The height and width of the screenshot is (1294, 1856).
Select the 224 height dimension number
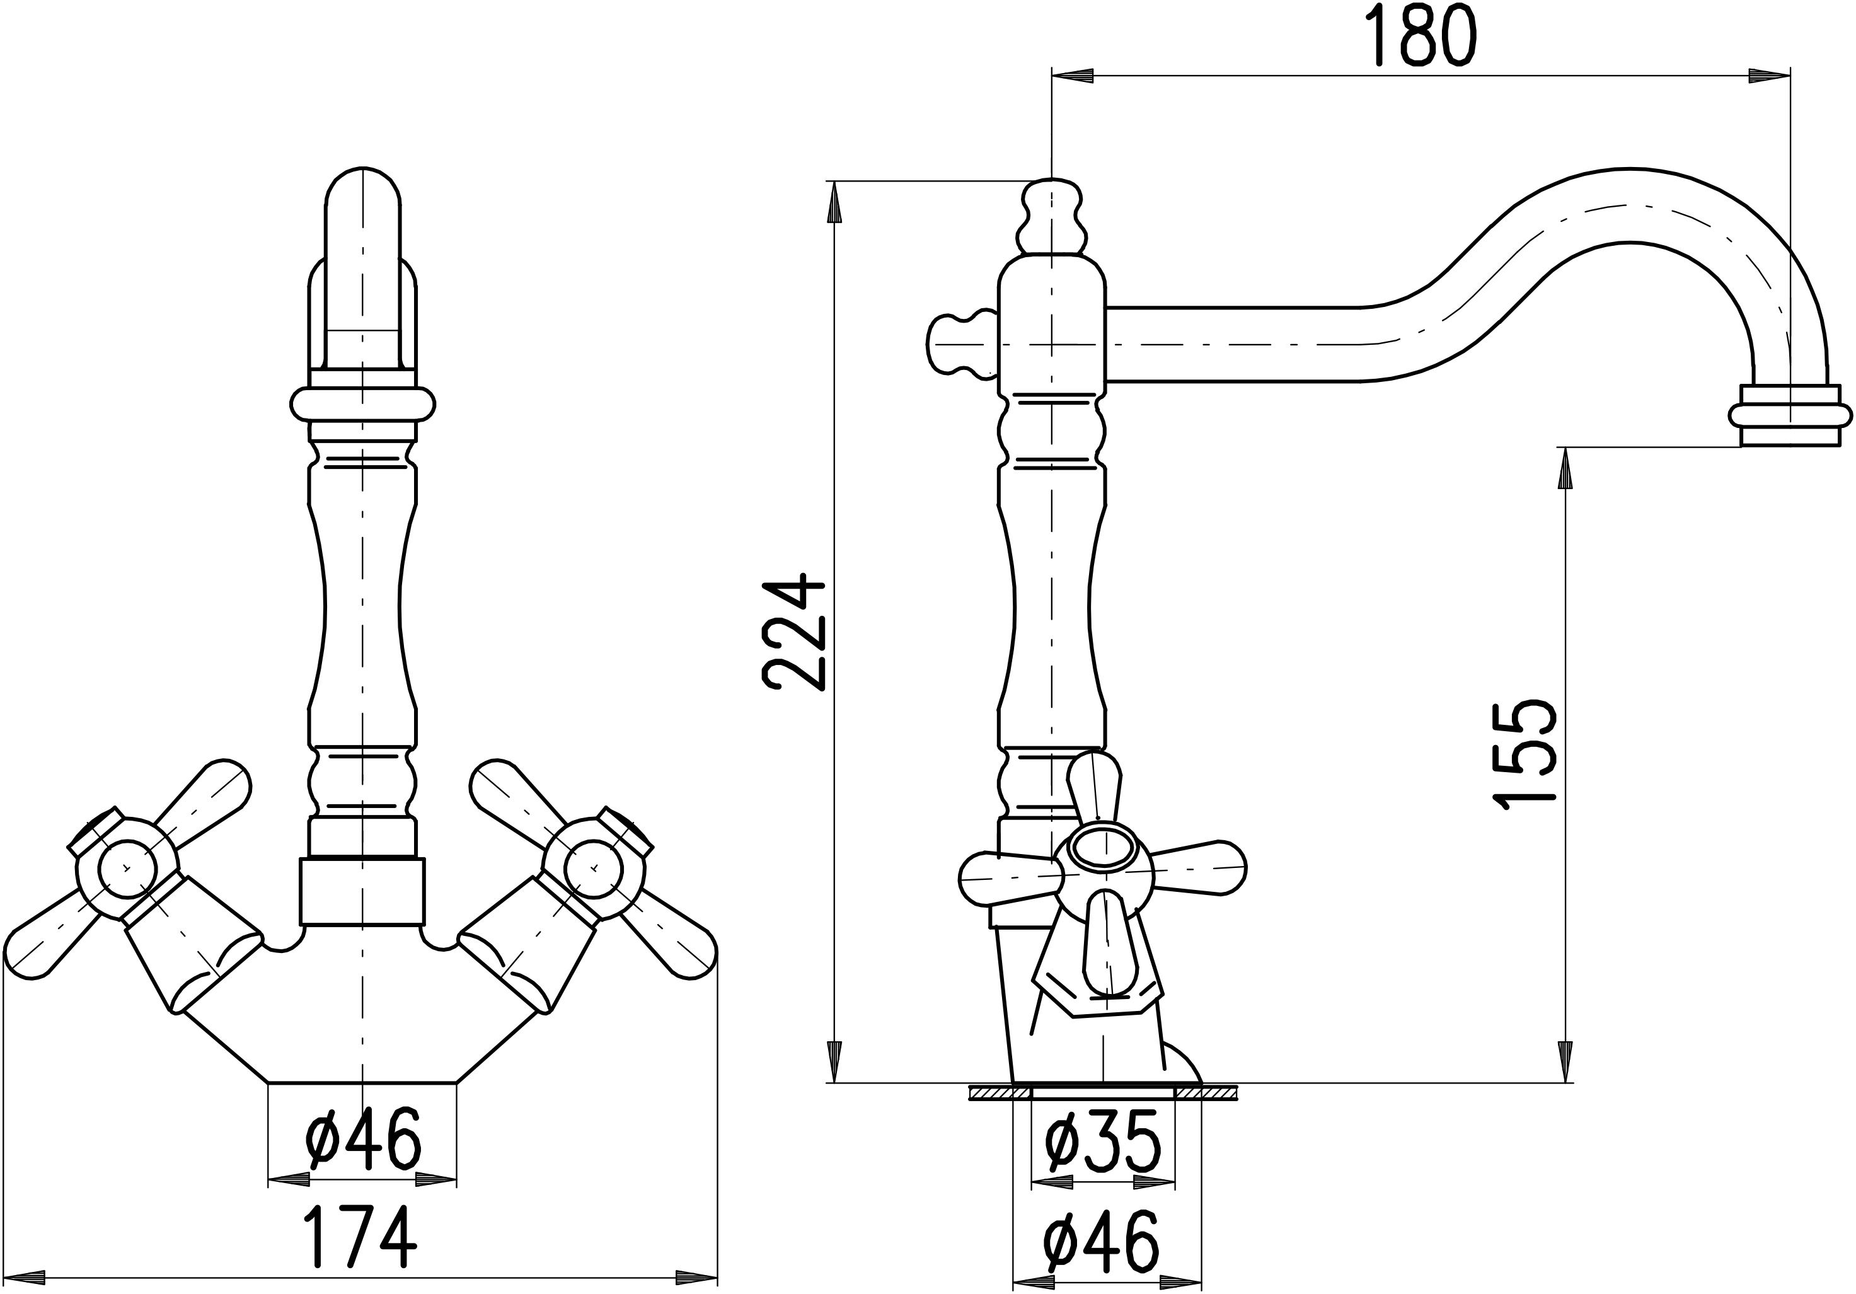click(794, 633)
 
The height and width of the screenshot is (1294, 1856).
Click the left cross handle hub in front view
click(125, 868)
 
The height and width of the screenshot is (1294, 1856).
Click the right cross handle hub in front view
click(593, 867)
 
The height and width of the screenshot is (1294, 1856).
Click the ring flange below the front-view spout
click(363, 404)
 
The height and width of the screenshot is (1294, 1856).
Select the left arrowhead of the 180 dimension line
click(1072, 77)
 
